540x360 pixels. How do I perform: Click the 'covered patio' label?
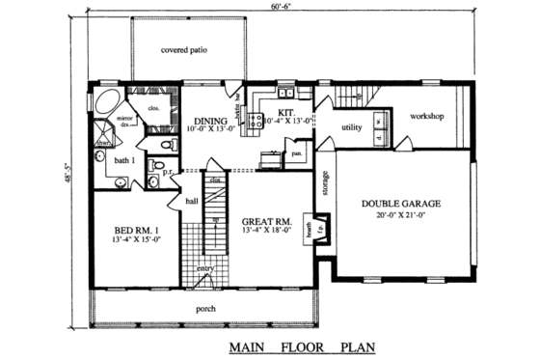coord(185,50)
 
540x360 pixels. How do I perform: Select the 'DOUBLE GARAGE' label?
coord(400,204)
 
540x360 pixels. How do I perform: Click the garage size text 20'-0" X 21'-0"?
coord(400,216)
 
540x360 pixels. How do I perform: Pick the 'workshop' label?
coord(425,117)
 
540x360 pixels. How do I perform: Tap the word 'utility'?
coord(351,126)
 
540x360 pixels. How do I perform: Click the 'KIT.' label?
coord(285,113)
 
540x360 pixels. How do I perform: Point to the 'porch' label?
coord(205,309)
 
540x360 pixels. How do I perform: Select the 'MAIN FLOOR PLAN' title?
coord(302,345)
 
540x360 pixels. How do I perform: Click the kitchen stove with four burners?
coord(256,121)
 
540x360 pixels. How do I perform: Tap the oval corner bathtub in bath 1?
coord(108,102)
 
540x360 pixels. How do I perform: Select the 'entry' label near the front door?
coord(205,268)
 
